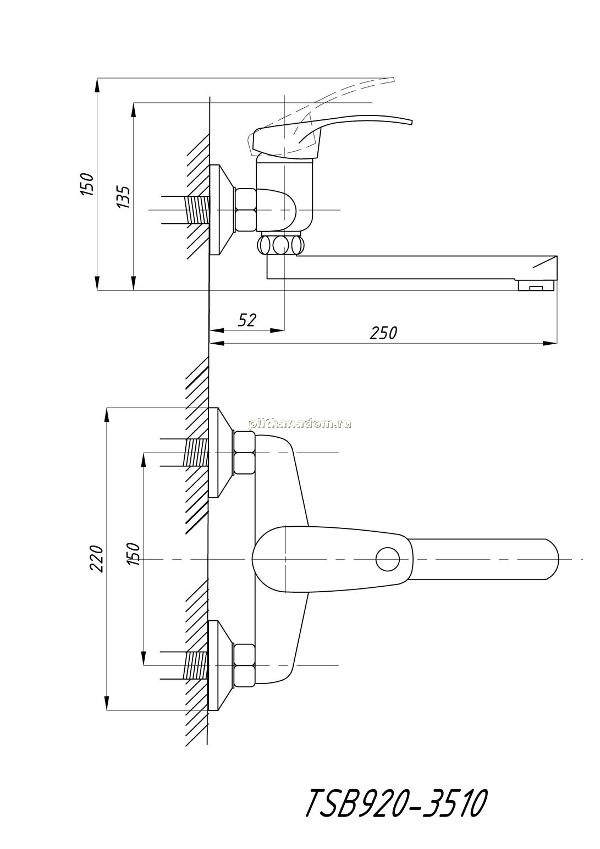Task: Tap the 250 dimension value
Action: click(x=383, y=333)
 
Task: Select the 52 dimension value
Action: click(x=247, y=320)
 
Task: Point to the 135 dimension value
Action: click(x=124, y=196)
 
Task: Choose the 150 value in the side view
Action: click(x=87, y=184)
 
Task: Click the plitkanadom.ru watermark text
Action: click(x=300, y=424)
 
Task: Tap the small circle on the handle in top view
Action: click(x=387, y=559)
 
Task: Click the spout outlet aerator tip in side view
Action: click(x=536, y=285)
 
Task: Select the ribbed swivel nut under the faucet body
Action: click(x=281, y=245)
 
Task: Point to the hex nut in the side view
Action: click(x=245, y=210)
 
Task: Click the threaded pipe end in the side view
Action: click(x=197, y=210)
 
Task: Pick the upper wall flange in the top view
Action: click(x=222, y=453)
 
